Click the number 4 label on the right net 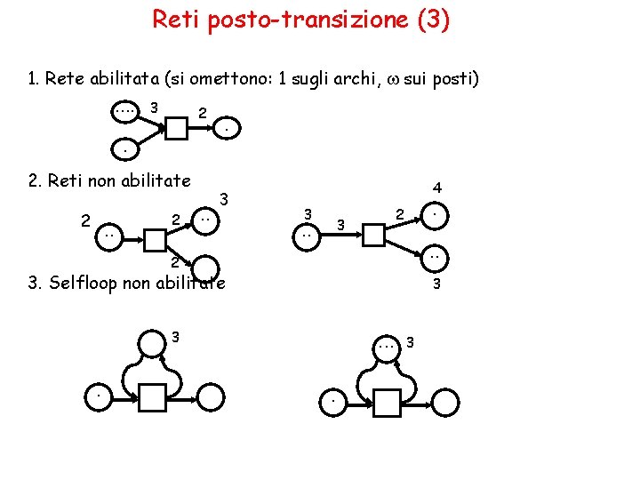[x=437, y=188]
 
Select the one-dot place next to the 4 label [x=434, y=215]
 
